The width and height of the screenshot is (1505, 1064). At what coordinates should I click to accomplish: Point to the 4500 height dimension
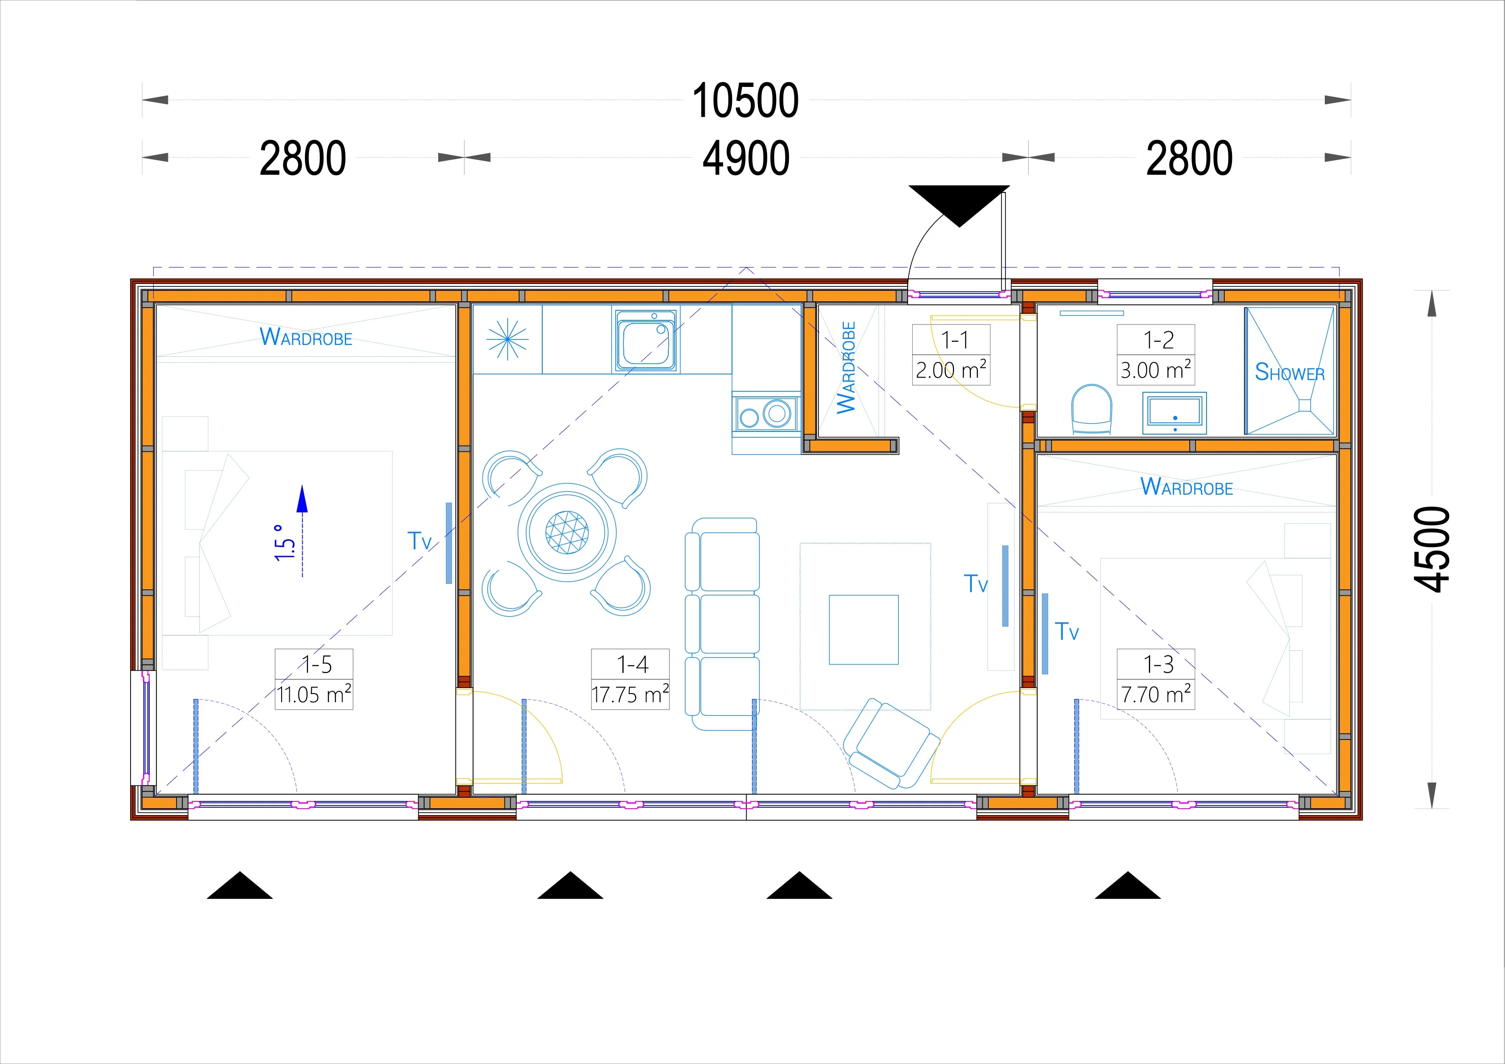click(x=1432, y=549)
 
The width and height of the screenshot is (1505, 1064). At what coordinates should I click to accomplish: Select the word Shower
click(x=1289, y=372)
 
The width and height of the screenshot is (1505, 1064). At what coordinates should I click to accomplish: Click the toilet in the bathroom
click(x=1091, y=409)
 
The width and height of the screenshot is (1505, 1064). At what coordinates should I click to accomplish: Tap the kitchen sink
click(x=646, y=339)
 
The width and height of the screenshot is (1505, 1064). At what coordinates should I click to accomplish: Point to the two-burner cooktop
click(x=766, y=414)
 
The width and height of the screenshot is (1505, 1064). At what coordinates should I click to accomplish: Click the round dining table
click(x=567, y=532)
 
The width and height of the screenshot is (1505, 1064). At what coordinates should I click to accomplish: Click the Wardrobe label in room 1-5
click(x=306, y=337)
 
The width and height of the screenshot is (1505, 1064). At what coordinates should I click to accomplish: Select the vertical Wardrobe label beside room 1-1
click(x=846, y=368)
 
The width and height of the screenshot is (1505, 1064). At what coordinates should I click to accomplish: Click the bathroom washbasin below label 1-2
click(x=1174, y=413)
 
